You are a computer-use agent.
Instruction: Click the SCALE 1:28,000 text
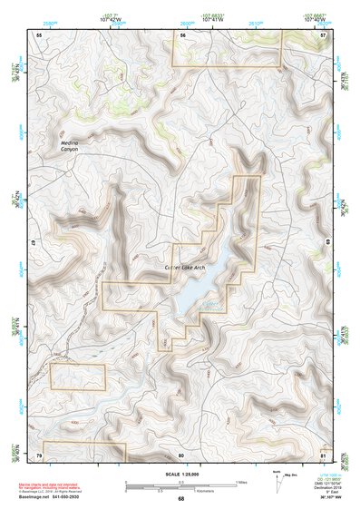tap(180, 475)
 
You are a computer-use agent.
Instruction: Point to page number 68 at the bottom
tap(180, 498)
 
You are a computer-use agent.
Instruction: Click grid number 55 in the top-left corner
tap(40, 34)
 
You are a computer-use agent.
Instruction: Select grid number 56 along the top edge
tap(182, 34)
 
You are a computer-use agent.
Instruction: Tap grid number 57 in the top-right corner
tap(323, 34)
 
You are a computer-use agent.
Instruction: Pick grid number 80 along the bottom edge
tap(180, 453)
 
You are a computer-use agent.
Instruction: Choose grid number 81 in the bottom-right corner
tap(323, 453)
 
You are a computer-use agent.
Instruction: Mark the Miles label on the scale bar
tap(240, 482)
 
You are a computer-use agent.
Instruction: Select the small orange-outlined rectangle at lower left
tap(78, 377)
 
